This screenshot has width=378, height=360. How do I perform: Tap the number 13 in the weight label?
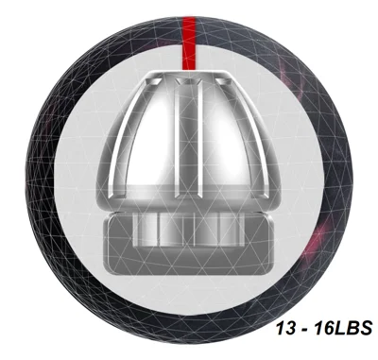coord(286,328)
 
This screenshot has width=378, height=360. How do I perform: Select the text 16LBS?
coord(343,328)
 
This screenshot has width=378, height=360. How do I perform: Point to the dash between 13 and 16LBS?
coord(304,330)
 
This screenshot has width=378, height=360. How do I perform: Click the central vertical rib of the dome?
coord(189,140)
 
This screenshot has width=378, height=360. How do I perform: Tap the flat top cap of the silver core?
coord(188,75)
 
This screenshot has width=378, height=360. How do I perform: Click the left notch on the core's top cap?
coord(152,82)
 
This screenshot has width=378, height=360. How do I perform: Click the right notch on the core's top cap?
coord(225,82)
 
